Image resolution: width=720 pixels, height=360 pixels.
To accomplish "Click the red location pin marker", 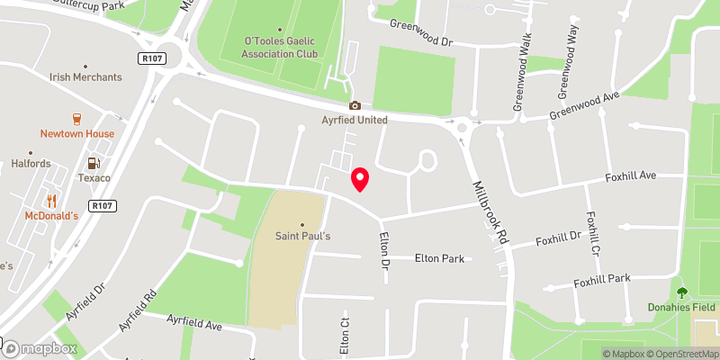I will pos(360,179).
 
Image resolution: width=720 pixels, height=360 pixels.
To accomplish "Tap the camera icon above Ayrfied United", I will pos(355,106).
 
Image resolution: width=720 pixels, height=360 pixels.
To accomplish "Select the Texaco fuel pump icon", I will pos(92,163).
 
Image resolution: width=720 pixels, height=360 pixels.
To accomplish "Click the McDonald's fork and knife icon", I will pos(51,201).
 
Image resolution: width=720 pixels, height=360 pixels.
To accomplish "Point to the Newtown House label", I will pos(76,134).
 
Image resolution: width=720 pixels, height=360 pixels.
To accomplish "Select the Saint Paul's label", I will pos(302,237).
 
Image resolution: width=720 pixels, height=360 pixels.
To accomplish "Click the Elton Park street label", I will pos(439,258).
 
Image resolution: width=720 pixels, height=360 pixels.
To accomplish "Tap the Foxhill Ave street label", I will pos(631,175).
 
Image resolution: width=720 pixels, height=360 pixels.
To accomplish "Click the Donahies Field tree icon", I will pos(681,292).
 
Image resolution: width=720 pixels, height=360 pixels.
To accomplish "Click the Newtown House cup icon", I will pos(76,118).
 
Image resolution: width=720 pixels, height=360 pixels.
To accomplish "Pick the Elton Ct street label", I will pos(344,335).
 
